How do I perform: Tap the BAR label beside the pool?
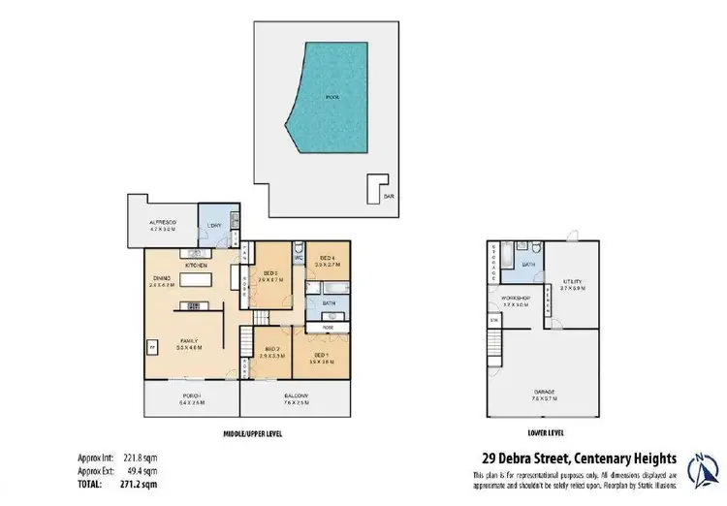389,196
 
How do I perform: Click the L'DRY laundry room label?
216,226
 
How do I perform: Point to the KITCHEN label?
198,264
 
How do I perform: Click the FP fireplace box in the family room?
151,345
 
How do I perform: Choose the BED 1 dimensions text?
321,363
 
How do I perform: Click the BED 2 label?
272,349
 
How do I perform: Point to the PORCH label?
191,395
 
